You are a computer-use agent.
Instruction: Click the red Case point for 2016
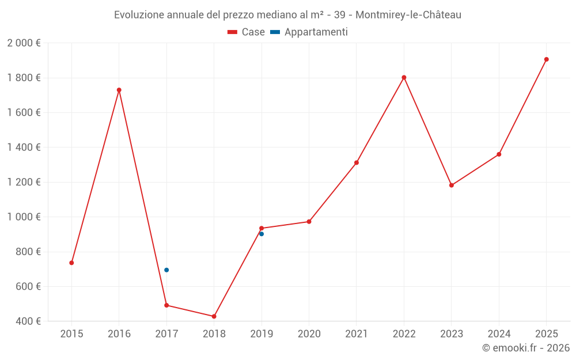(119, 90)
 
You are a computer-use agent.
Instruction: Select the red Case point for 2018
(214, 316)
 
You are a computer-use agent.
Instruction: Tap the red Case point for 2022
(404, 77)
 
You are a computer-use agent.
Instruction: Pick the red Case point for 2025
(547, 59)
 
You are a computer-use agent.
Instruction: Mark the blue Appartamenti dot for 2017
(166, 270)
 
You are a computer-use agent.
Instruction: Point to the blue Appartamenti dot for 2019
(262, 234)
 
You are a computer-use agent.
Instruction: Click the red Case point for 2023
(452, 185)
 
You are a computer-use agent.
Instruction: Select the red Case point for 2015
(71, 263)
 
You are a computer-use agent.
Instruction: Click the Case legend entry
(246, 32)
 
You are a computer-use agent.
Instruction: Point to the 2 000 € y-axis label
(24, 43)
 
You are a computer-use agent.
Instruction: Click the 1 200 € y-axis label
(24, 182)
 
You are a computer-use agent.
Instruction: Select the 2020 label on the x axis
(309, 334)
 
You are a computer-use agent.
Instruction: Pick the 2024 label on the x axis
(499, 334)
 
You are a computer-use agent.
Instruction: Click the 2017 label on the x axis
(166, 334)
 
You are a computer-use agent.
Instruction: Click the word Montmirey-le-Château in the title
(408, 15)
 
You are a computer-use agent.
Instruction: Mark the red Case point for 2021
(357, 162)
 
